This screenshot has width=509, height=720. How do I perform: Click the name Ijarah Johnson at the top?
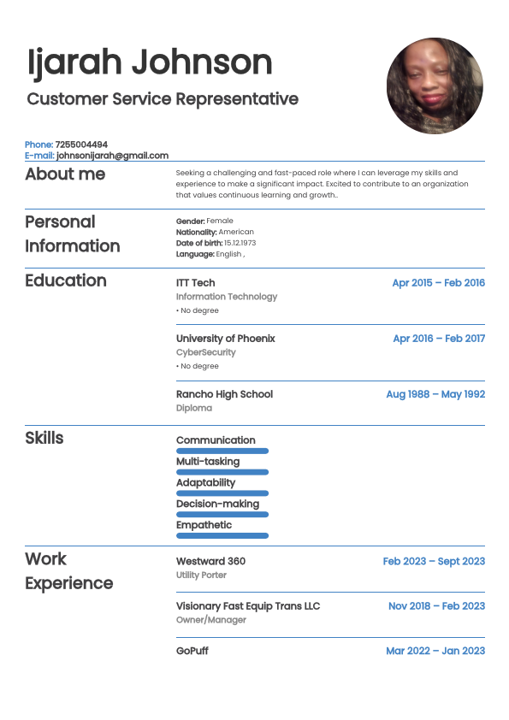pos(150,62)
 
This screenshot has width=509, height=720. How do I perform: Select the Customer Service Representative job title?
pos(163,99)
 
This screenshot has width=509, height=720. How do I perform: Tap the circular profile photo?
pos(435,86)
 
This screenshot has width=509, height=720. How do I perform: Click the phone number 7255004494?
pos(81,145)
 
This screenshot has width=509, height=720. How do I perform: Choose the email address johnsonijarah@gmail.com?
pos(112,156)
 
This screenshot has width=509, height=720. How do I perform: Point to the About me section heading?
pos(65,174)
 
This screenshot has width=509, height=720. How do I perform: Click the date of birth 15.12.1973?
pos(240,243)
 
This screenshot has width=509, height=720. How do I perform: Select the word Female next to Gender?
pos(220,221)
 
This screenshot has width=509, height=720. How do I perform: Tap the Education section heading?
pos(66,281)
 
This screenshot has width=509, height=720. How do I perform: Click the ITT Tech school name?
pos(195,283)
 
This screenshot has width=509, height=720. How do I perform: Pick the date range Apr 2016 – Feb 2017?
pos(439,339)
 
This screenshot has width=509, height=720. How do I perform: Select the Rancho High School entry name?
pos(224,394)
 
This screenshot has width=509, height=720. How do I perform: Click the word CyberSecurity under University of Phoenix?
pos(205,352)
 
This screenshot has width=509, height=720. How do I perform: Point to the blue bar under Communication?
pos(222,451)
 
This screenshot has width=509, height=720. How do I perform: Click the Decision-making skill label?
pos(217,504)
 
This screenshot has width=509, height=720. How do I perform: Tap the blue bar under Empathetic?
pos(222,535)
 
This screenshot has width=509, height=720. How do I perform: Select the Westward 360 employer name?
pos(210,561)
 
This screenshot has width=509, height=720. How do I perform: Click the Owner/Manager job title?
pos(210,620)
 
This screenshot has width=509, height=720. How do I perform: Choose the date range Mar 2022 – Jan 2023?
pos(435,651)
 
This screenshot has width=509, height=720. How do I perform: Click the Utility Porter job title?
pos(201,575)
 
